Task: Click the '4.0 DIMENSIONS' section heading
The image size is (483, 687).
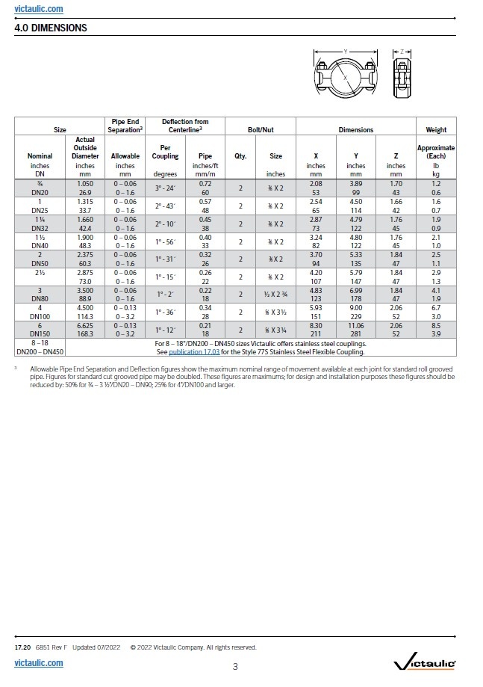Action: click(x=51, y=28)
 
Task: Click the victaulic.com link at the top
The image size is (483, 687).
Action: click(x=39, y=9)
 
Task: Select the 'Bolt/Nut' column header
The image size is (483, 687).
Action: click(x=261, y=129)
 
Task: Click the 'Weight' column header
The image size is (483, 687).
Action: click(x=436, y=129)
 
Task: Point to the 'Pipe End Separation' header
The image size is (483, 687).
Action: click(x=125, y=126)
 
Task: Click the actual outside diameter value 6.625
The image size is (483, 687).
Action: click(x=85, y=326)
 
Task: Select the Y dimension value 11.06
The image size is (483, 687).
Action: click(x=356, y=326)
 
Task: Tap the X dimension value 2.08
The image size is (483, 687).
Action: click(x=316, y=182)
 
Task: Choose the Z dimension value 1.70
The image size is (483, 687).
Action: click(x=396, y=182)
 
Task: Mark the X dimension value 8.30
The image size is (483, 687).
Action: click(x=316, y=326)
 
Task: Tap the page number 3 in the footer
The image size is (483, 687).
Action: click(x=235, y=666)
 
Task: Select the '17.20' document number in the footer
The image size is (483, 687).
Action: click(x=22, y=647)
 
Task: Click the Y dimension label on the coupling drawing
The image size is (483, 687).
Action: click(x=346, y=51)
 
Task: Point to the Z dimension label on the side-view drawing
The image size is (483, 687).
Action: click(x=402, y=51)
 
